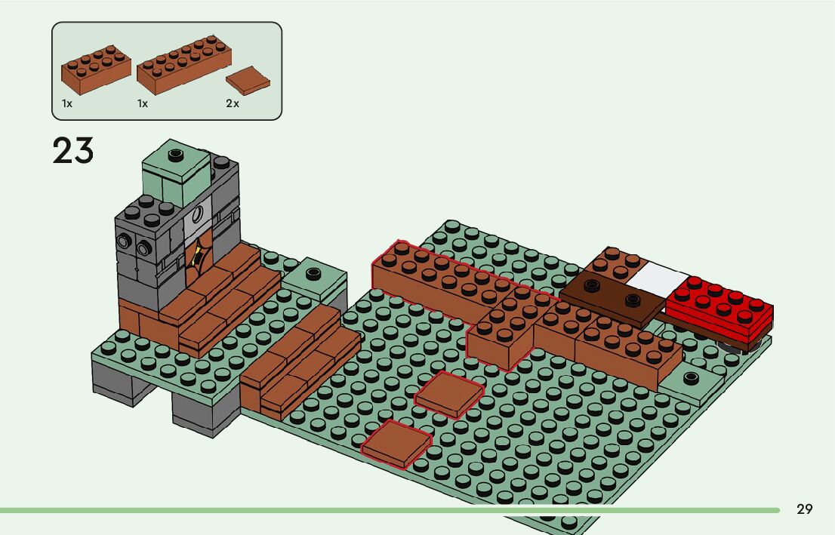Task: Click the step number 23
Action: click(73, 151)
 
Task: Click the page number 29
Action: click(805, 509)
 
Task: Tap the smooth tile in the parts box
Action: click(247, 80)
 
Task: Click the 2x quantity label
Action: click(233, 103)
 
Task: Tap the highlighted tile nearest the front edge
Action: click(396, 444)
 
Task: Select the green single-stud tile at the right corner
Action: click(689, 382)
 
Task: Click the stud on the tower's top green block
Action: click(176, 155)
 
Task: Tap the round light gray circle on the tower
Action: click(199, 214)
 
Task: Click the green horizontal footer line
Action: click(377, 511)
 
